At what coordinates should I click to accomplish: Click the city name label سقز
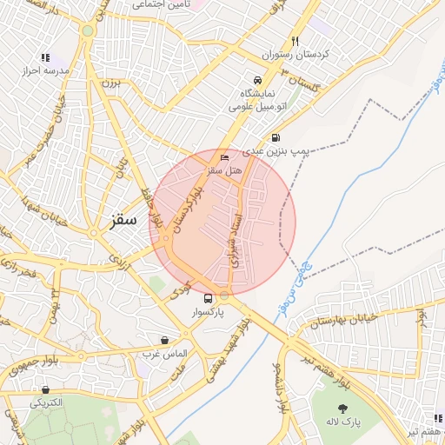click(x=125, y=219)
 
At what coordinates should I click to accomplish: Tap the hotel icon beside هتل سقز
click(x=225, y=157)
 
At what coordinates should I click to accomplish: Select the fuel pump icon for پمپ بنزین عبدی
click(x=276, y=136)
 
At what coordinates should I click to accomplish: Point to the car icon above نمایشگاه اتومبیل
click(x=256, y=78)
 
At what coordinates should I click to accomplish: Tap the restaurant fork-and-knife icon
click(x=296, y=40)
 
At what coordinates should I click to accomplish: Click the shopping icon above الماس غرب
click(x=165, y=340)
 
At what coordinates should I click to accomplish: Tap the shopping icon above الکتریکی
click(x=44, y=389)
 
